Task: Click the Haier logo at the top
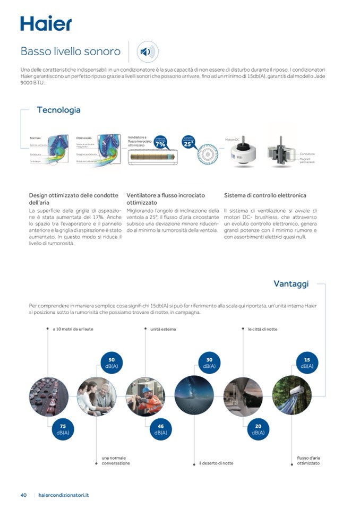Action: pos(46,23)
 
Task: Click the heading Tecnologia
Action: pos(58,110)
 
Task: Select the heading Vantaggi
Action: pos(290,284)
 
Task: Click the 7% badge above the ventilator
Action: pos(160,143)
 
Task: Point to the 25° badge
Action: pos(188,142)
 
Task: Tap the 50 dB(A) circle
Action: pos(112,363)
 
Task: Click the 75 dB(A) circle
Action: pos(63,429)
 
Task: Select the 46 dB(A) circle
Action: pos(160,429)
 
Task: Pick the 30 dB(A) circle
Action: pos(209,363)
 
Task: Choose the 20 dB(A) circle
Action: pos(258,429)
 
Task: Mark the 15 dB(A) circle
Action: pos(307,363)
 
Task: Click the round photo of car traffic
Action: pos(49,396)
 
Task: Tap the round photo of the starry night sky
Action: pos(194,396)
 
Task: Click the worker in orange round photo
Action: pos(145,396)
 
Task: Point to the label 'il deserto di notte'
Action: pos(216,463)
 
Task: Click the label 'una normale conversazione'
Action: pos(116,460)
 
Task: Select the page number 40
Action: pos(23,495)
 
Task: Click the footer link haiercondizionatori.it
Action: pos(64,495)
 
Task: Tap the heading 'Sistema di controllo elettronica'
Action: pos(265,195)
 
